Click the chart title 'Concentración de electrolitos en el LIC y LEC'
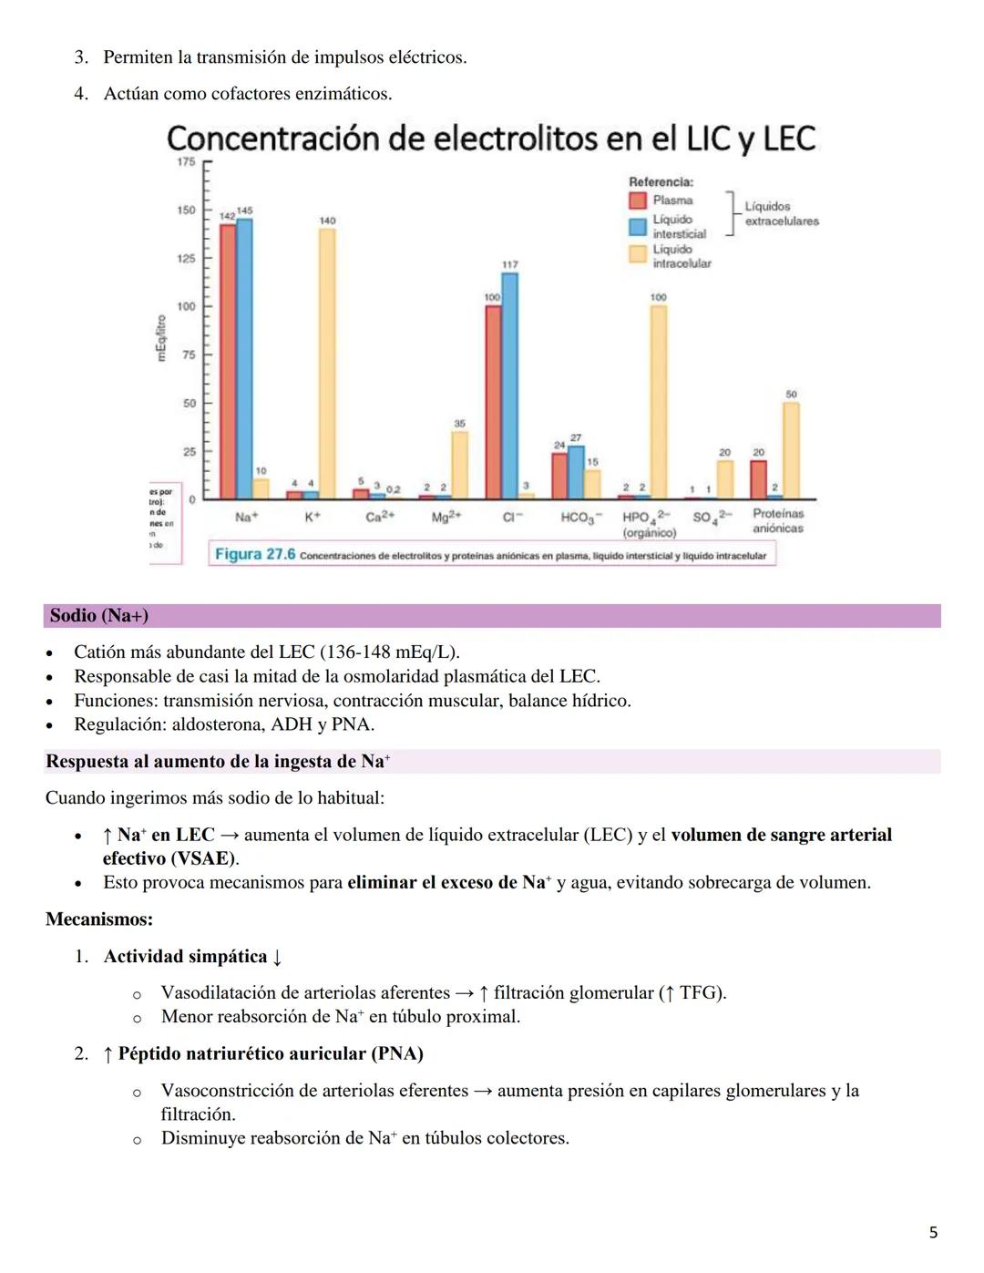coord(490,139)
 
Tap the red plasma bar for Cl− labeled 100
coord(493,402)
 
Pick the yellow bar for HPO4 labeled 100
coord(658,402)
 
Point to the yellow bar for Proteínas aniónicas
coord(791,450)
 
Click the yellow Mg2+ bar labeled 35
coord(459,465)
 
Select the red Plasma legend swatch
coord(638,200)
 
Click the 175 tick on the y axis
coord(186,162)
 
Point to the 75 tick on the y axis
coord(188,354)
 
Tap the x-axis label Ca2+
coord(380,517)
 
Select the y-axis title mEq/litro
coord(161,338)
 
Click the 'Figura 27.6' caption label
coord(255,554)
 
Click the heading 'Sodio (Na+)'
coord(99,616)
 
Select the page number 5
coord(933,1232)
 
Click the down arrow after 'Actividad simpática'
coord(277,957)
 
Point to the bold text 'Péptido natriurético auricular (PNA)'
coord(271,1054)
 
